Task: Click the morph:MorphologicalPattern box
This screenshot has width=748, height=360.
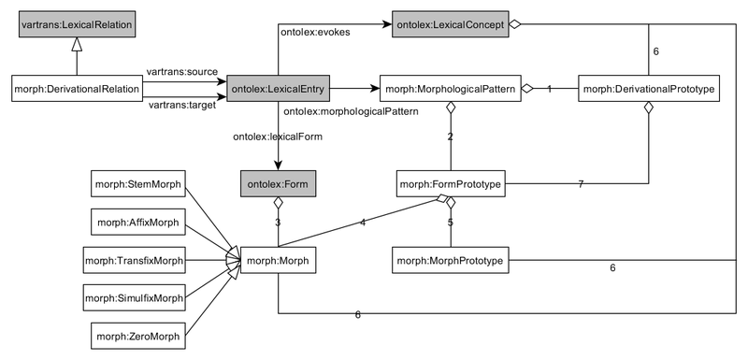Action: [x=450, y=90]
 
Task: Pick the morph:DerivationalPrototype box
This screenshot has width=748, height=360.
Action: [x=649, y=90]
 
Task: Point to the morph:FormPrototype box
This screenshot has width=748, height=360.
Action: [x=450, y=184]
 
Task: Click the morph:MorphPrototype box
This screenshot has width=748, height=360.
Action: [x=450, y=258]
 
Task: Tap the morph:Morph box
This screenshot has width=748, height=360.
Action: [x=278, y=258]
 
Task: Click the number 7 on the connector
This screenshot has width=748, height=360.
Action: [x=582, y=185]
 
